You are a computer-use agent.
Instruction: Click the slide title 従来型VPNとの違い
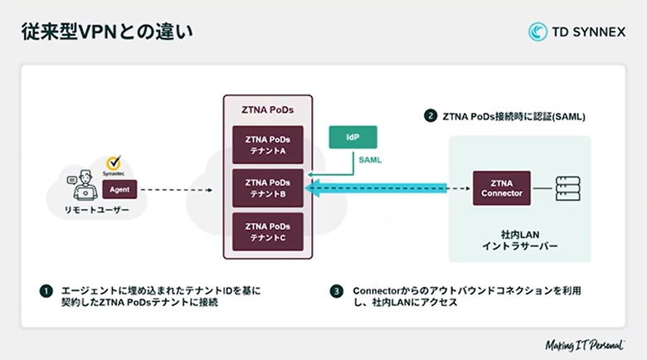[x=103, y=32]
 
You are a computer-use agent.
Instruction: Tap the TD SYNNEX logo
[x=576, y=32]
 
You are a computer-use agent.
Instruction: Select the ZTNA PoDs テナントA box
[x=267, y=145]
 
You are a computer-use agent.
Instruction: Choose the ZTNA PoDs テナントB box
[x=267, y=188]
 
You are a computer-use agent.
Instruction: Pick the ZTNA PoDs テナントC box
[x=267, y=231]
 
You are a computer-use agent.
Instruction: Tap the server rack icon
[x=567, y=188]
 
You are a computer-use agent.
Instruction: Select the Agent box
[x=120, y=189]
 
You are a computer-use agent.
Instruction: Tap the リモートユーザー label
[x=98, y=211]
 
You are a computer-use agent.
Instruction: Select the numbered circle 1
[x=46, y=291]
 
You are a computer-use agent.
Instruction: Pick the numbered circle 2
[x=431, y=116]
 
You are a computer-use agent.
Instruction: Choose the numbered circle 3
[x=336, y=291]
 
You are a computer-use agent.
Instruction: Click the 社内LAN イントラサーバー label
[x=519, y=241]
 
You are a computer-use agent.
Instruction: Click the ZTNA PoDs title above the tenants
[x=267, y=109]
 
